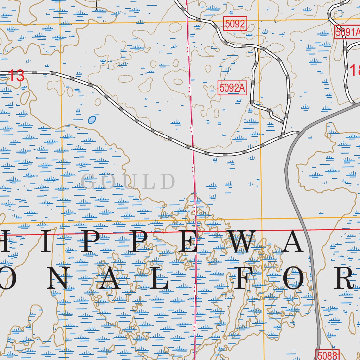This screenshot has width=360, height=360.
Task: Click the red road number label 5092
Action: point(235,24)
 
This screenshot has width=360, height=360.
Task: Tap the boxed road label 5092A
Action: point(232,88)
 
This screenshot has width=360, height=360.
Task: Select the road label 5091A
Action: point(347,32)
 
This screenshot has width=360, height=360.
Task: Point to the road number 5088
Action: point(327,355)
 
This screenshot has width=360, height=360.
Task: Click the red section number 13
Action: point(16,76)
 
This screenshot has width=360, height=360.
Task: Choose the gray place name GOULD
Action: point(128,182)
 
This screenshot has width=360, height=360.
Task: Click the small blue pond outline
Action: point(92,120)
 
